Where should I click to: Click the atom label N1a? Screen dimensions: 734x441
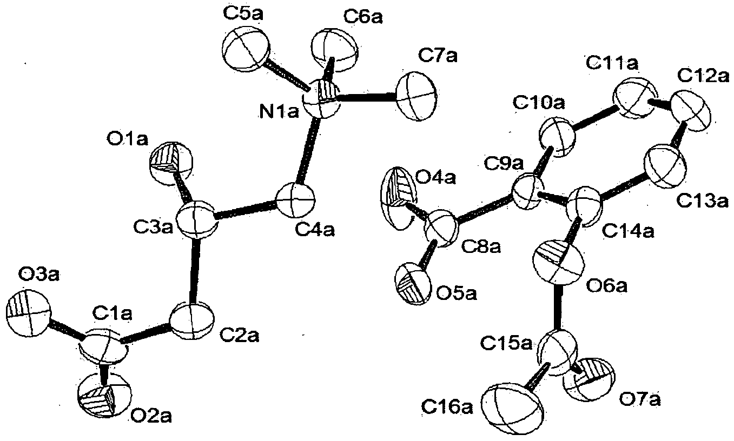coord(279,112)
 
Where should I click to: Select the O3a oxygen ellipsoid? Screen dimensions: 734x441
coord(28,312)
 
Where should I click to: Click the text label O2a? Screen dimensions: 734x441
coord(151,417)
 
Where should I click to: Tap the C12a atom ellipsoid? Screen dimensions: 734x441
coord(691,111)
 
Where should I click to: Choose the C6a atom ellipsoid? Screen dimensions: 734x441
coord(334,50)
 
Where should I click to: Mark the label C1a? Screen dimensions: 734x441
coord(113,315)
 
